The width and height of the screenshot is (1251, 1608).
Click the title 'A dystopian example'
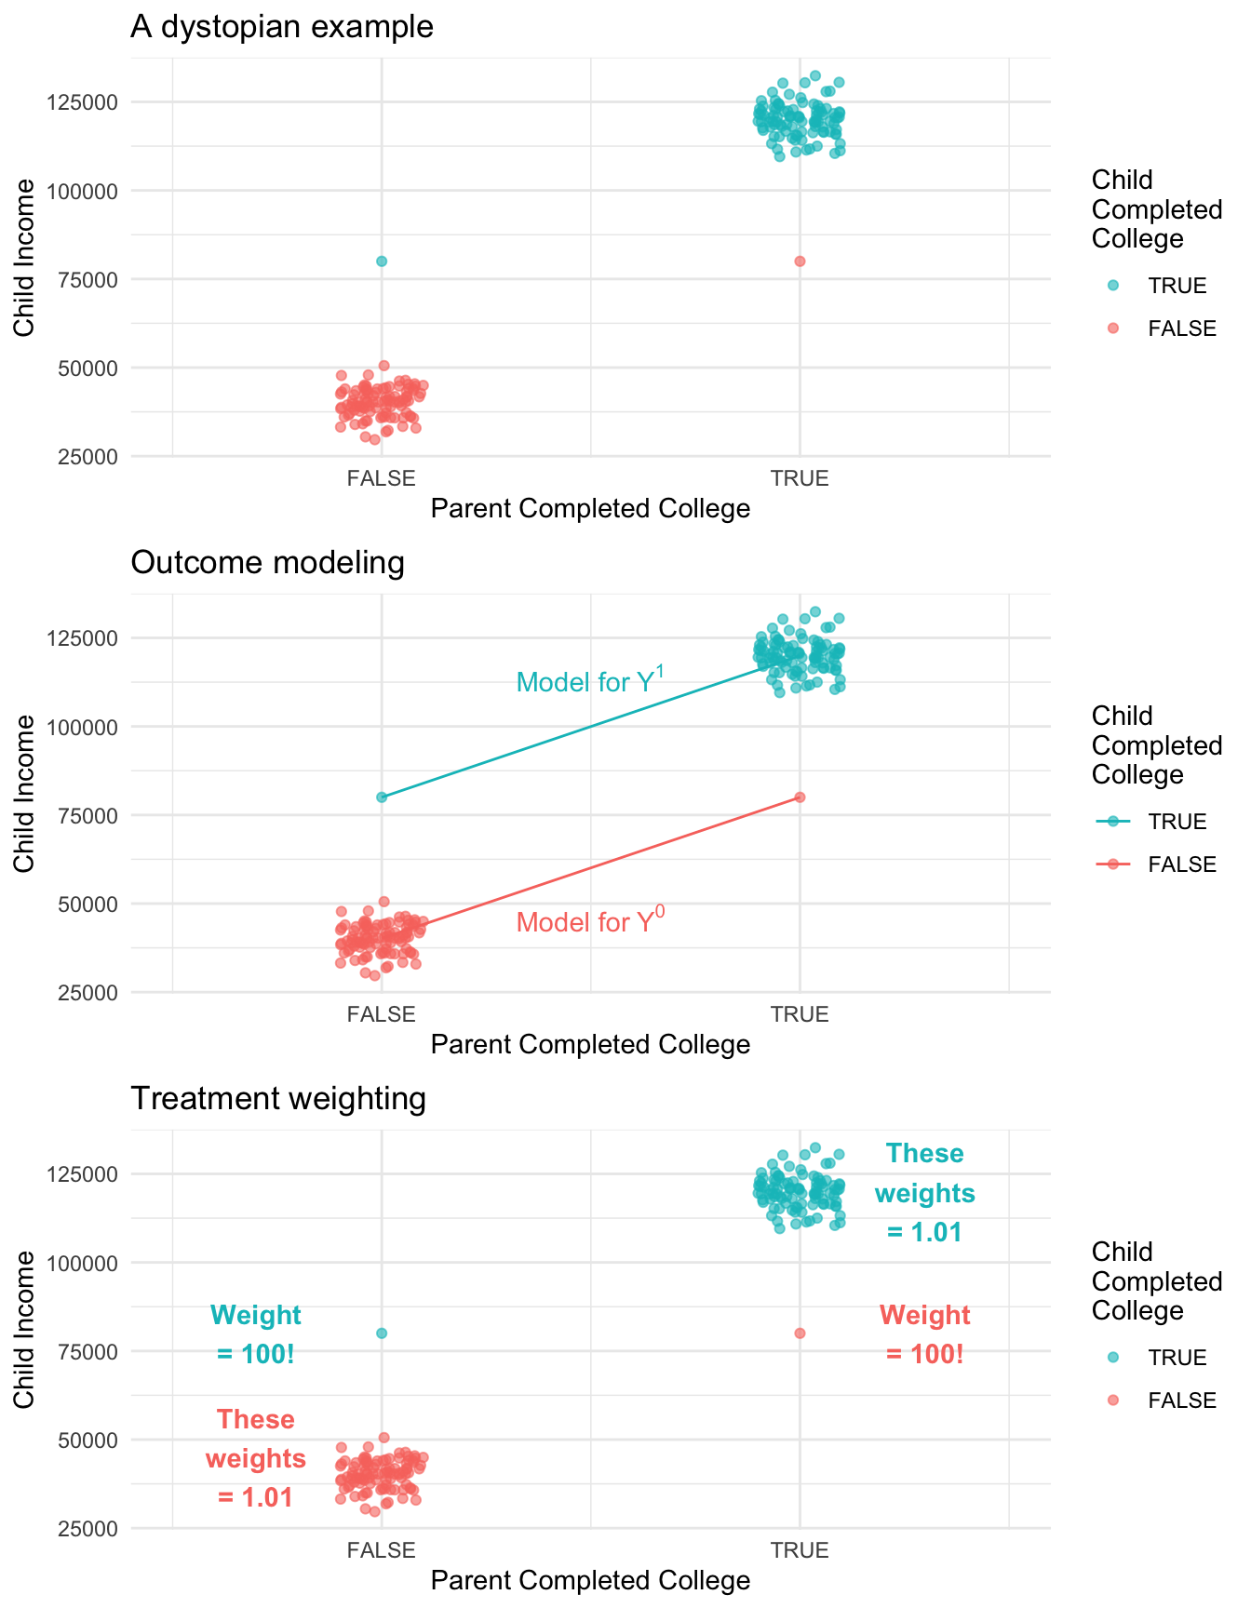[282, 27]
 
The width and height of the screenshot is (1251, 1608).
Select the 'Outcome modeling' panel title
[268, 563]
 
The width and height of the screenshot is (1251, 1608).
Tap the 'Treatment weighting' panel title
[278, 1099]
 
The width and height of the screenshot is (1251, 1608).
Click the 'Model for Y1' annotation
[590, 681]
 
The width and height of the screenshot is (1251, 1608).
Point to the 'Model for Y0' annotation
[590, 921]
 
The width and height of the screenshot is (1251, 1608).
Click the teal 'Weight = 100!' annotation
[256, 1334]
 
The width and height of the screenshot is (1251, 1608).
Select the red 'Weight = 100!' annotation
[924, 1334]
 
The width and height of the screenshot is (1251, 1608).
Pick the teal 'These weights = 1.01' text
[924, 1192]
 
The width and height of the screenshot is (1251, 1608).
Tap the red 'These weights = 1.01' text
[256, 1458]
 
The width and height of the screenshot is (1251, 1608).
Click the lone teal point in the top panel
[382, 261]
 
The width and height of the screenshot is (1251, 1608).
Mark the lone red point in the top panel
[800, 261]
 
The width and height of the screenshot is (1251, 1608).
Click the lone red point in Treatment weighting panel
[800, 1333]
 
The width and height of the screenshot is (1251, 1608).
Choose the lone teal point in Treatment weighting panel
[382, 1333]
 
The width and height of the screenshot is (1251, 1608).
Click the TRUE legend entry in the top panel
[1177, 286]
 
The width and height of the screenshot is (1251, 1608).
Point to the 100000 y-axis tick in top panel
[82, 191]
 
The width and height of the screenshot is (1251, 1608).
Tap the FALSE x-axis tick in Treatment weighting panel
[382, 1550]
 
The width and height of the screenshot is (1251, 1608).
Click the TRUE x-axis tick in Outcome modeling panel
[800, 1014]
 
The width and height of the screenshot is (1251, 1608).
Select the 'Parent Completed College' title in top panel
[590, 509]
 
